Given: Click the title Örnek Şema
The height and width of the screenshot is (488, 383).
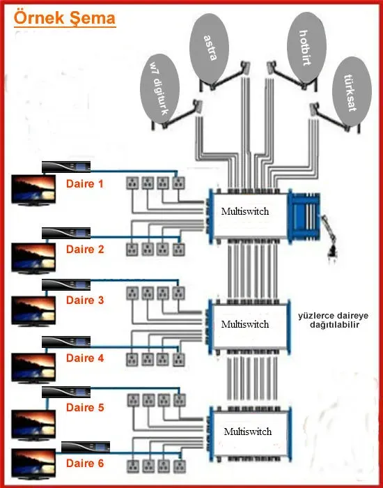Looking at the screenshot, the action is [65, 19].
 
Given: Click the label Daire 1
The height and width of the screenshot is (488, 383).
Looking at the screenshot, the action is [84, 183].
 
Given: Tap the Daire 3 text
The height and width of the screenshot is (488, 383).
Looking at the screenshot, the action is [84, 300].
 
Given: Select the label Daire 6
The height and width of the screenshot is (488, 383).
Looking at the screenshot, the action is [85, 464].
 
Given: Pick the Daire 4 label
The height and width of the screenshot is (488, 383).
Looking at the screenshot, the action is [85, 358].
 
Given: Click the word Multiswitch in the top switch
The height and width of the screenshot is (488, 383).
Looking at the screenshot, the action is [245, 212].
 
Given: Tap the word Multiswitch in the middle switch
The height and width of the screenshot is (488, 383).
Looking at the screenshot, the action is [245, 324].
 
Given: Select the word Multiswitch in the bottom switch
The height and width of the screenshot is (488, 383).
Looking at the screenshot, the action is [248, 432].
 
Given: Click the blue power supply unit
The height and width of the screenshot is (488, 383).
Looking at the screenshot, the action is [305, 215].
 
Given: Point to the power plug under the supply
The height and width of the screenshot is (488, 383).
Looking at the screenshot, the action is [330, 247].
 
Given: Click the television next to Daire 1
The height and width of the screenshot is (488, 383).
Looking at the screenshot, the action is [33, 190].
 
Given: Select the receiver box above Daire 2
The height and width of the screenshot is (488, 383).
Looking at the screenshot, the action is [66, 233].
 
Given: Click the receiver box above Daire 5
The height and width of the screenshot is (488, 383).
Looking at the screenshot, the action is [66, 392].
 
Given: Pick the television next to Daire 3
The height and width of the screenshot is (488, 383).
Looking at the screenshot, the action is [33, 311].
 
